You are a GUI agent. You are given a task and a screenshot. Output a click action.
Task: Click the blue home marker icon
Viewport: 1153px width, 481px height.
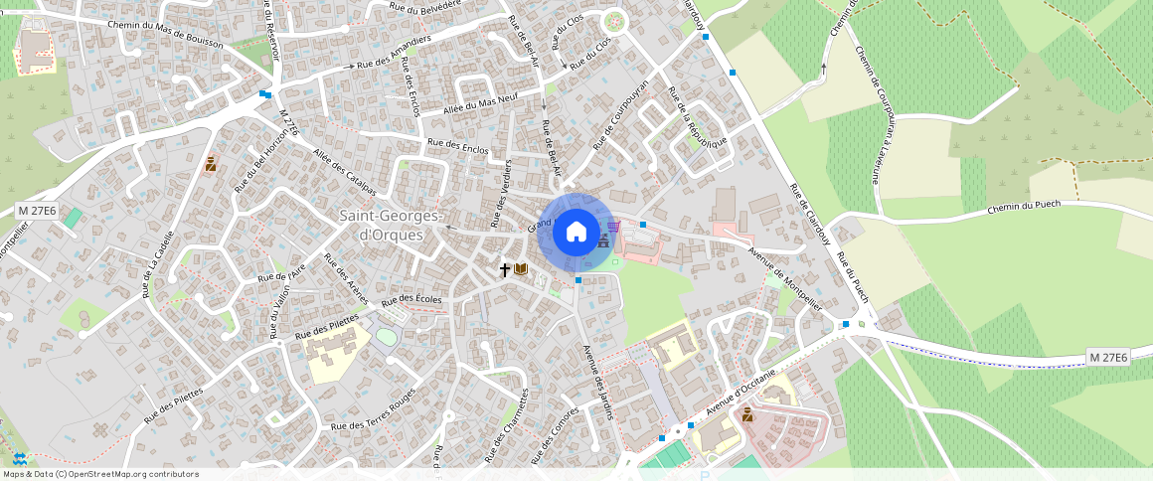(576, 233)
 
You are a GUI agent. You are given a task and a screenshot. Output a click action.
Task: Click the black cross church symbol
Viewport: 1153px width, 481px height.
(505, 269)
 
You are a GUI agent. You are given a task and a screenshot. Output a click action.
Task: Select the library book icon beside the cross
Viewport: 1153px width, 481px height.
(522, 269)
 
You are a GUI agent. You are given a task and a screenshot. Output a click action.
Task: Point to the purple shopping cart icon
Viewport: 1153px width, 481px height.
(613, 226)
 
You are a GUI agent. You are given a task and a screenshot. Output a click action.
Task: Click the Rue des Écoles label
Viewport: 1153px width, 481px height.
(412, 299)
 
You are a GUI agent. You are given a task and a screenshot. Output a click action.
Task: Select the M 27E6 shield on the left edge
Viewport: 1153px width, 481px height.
(38, 211)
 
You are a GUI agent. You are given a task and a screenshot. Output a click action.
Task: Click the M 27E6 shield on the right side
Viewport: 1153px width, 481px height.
(1108, 357)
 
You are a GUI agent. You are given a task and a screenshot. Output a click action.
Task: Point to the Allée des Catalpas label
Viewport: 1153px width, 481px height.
(344, 172)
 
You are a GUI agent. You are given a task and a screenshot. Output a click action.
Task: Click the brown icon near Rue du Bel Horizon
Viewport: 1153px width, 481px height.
(211, 164)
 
